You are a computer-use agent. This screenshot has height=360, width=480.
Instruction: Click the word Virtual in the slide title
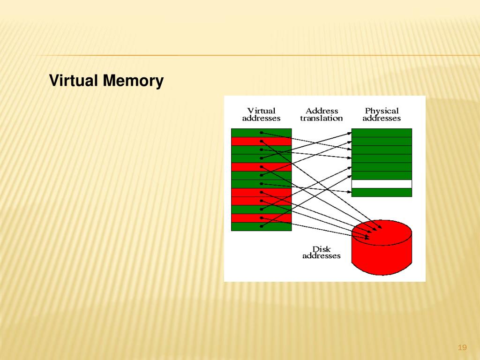(75, 81)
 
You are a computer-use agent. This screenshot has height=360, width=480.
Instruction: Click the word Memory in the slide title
(134, 81)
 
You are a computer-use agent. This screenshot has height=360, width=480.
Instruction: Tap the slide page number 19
(462, 347)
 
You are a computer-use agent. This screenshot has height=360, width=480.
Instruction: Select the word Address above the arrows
(322, 111)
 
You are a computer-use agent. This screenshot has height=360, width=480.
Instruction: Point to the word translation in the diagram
(322, 118)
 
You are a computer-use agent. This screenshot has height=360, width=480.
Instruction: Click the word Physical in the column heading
(382, 111)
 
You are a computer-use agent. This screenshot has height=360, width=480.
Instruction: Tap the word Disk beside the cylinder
(322, 249)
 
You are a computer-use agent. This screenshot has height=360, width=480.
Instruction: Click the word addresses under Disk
(322, 256)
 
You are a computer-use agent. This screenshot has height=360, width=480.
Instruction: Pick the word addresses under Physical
(382, 118)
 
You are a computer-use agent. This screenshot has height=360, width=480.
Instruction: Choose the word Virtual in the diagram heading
(262, 111)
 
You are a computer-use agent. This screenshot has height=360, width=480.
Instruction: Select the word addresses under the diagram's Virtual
(262, 118)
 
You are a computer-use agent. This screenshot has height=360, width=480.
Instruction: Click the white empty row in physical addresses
(382, 184)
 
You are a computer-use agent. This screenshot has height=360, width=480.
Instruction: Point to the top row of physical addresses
(382, 133)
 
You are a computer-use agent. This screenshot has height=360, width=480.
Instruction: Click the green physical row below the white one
(382, 192)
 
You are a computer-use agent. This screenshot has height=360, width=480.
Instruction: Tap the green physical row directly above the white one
(382, 175)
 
